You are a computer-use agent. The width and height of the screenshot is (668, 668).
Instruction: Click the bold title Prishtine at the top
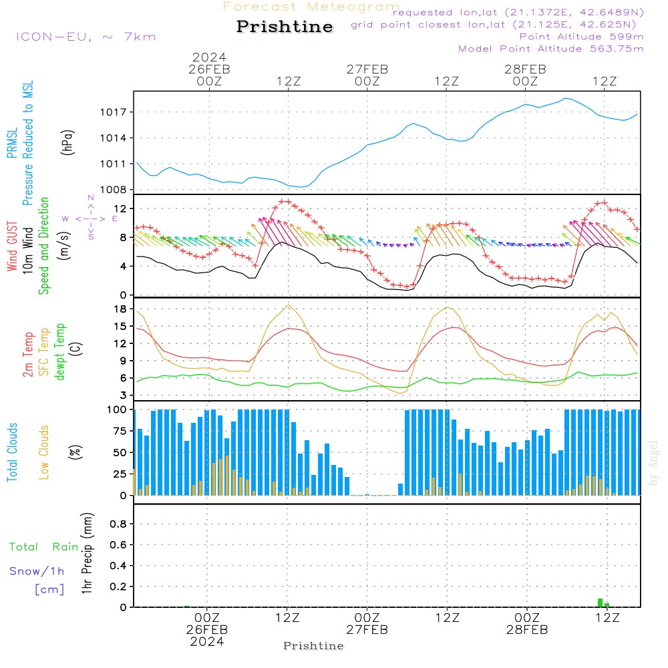pyautogui.click(x=285, y=27)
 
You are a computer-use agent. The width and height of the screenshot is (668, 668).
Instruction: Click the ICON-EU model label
pyautogui.click(x=86, y=37)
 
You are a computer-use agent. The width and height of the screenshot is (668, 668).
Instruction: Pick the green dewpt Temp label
pyautogui.click(x=61, y=352)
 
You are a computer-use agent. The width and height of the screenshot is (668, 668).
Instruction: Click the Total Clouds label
pyautogui.click(x=12, y=452)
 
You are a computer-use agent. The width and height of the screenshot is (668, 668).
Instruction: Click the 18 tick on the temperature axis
pyautogui.click(x=121, y=309)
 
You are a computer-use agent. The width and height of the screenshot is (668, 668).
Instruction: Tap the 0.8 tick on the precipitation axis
pyautogui.click(x=118, y=524)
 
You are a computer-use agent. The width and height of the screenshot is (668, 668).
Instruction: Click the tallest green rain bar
pyautogui.click(x=600, y=603)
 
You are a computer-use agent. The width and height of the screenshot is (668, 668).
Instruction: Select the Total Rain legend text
pyautogui.click(x=43, y=547)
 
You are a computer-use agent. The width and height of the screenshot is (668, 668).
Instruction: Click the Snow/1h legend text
pyautogui.click(x=37, y=571)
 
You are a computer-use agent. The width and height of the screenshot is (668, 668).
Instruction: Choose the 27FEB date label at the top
pyautogui.click(x=367, y=69)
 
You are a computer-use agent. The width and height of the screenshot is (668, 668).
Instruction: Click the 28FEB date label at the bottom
pyautogui.click(x=526, y=630)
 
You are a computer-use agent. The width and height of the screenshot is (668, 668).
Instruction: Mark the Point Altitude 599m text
pyautogui.click(x=581, y=37)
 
